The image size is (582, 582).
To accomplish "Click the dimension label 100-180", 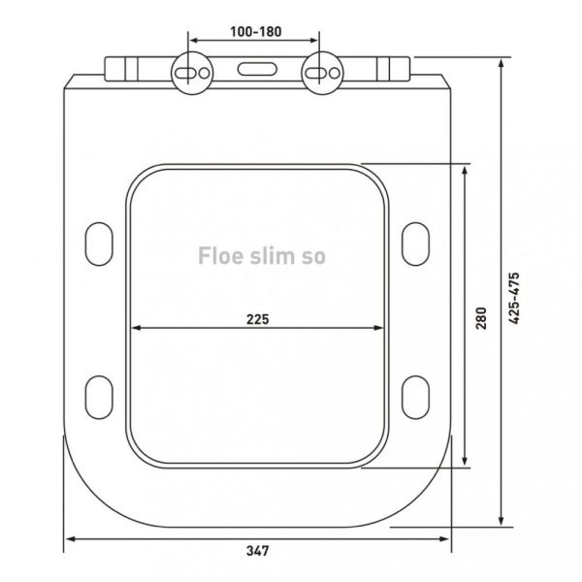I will [255, 32].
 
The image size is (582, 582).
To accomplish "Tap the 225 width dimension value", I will [256, 318].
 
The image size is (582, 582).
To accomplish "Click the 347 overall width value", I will [256, 551].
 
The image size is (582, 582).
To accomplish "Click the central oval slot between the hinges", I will [255, 71].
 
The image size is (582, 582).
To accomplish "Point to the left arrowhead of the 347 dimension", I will [70, 539].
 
